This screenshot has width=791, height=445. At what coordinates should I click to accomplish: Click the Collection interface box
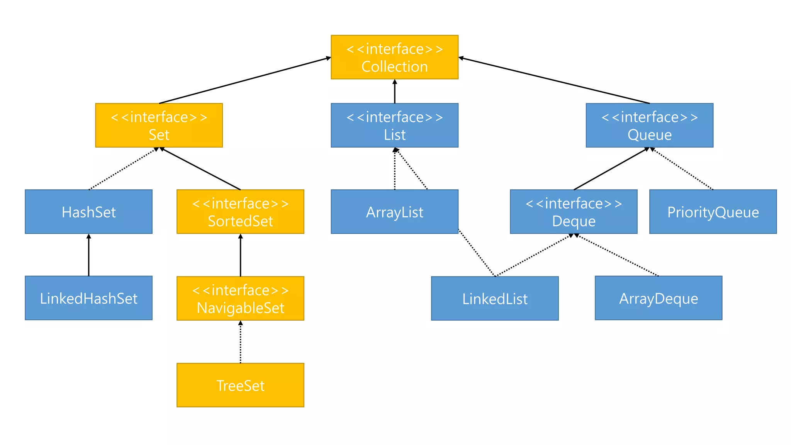tap(394, 57)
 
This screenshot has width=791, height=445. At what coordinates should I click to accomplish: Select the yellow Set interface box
tap(159, 125)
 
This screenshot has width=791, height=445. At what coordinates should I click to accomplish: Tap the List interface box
tap(394, 125)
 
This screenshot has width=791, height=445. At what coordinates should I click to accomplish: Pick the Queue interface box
tap(649, 125)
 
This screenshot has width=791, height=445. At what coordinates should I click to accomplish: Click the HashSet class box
tap(88, 212)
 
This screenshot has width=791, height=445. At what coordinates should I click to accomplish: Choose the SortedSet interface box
tap(240, 212)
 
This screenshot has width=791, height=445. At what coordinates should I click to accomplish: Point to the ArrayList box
tap(394, 212)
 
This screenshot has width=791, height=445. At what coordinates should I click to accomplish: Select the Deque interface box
tap(574, 212)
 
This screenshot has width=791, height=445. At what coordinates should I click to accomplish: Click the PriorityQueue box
tap(713, 212)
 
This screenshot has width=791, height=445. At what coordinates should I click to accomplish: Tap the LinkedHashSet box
tap(88, 298)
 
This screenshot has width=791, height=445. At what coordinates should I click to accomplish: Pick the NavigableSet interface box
tap(240, 298)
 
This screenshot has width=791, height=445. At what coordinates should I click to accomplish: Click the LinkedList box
tap(495, 298)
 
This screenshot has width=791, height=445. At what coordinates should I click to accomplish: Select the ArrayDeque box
tap(658, 298)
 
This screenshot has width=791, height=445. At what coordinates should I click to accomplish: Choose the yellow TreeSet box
tap(240, 385)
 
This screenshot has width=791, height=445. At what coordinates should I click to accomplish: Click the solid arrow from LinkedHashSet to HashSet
tap(88, 255)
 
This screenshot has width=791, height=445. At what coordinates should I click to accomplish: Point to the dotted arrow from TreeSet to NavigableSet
tap(240, 342)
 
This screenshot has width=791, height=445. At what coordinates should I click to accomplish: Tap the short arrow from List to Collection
tap(394, 92)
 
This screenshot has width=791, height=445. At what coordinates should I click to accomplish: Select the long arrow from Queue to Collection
tap(554, 81)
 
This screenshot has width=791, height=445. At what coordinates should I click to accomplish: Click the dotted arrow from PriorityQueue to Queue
tap(682, 169)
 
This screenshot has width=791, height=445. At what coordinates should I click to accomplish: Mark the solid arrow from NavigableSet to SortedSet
tap(240, 255)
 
